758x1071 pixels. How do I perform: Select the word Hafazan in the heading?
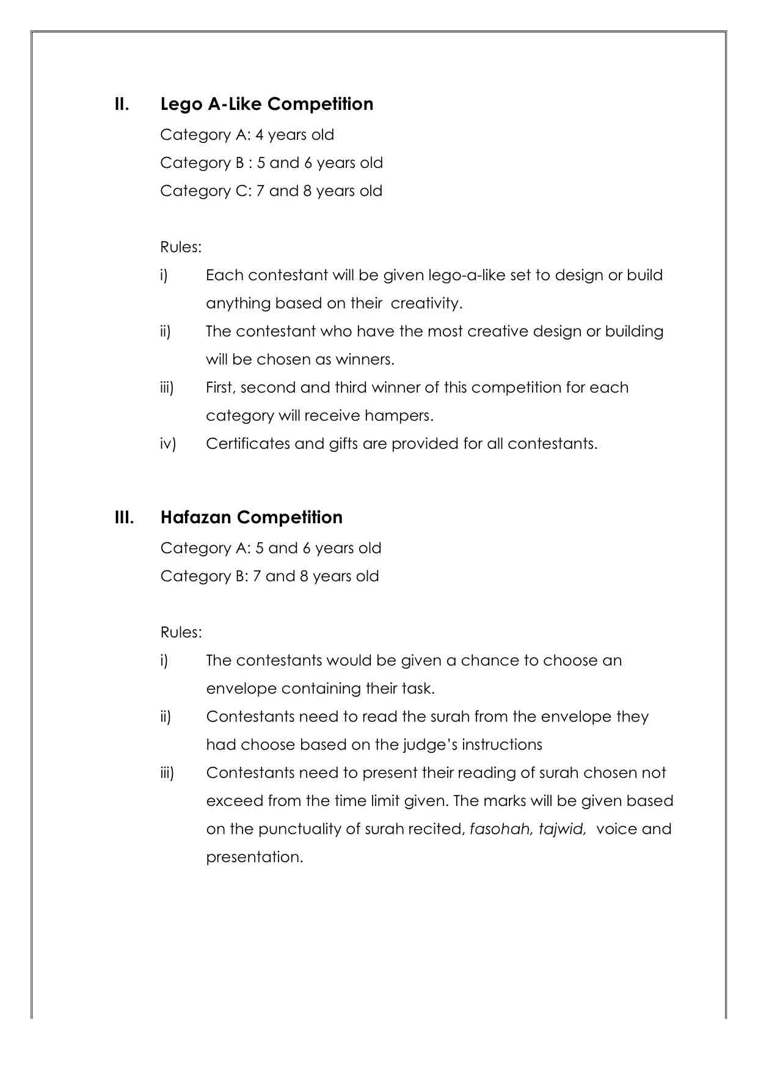click(x=196, y=517)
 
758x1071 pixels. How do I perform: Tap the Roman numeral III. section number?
click(x=124, y=517)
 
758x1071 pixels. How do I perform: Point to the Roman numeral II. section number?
click(x=122, y=104)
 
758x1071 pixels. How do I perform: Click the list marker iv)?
click(x=168, y=444)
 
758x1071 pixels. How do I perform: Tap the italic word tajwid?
click(x=562, y=829)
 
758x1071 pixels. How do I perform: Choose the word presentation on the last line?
click(x=254, y=857)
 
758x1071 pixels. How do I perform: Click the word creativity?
click(x=426, y=303)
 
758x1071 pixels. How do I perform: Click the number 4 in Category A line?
click(x=260, y=135)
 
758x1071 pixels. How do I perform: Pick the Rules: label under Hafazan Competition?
click(x=181, y=633)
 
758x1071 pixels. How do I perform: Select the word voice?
click(x=617, y=829)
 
